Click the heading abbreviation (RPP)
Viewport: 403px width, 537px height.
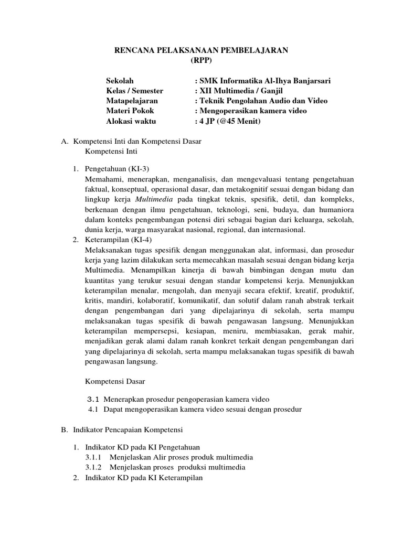click(201, 60)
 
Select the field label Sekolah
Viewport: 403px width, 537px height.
click(120, 81)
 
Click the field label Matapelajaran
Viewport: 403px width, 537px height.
click(132, 101)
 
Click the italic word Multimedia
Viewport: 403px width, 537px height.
click(155, 200)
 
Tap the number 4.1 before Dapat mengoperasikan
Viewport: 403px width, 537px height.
click(93, 409)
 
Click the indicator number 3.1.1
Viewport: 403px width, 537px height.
click(94, 457)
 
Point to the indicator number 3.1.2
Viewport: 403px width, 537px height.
click(94, 467)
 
